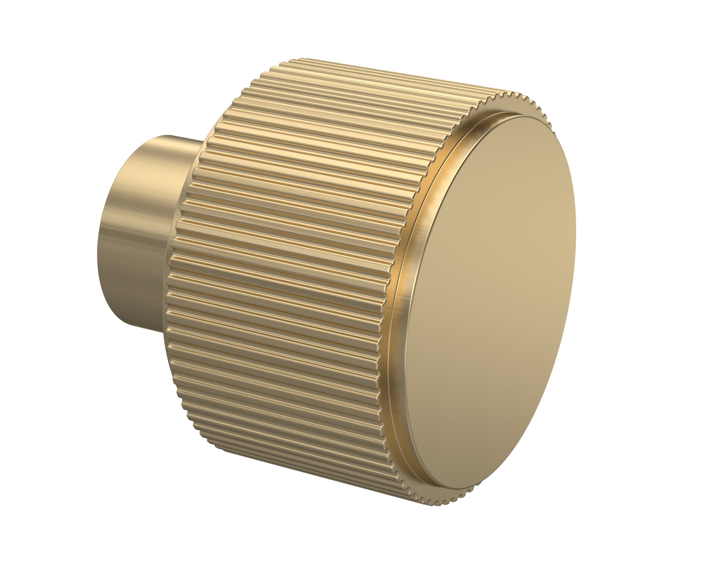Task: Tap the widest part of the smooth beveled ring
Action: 400,278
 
